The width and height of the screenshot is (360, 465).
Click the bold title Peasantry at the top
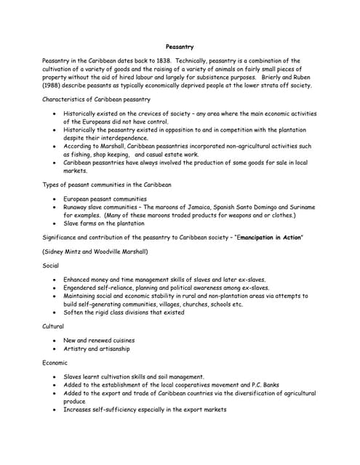(x=179, y=46)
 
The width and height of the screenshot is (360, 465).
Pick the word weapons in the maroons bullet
(x=254, y=215)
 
